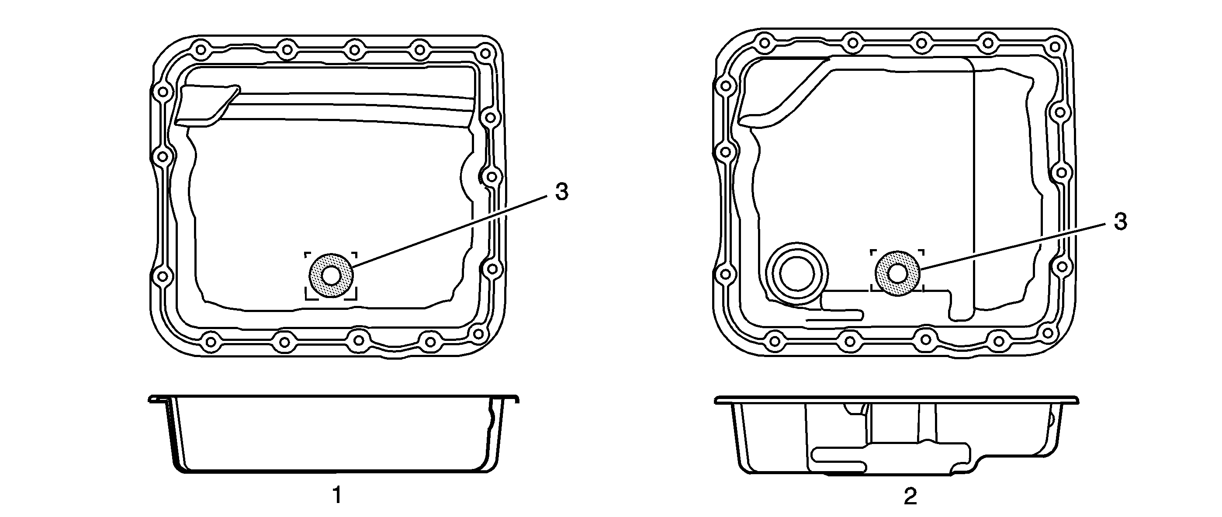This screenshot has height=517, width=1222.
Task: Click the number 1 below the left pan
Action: point(337,496)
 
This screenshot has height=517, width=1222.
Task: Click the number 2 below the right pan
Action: point(910,496)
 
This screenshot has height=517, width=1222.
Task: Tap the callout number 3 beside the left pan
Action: point(562,192)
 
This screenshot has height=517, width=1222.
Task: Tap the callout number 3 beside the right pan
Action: point(1121,222)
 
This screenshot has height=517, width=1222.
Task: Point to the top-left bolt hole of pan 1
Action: point(200,49)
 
